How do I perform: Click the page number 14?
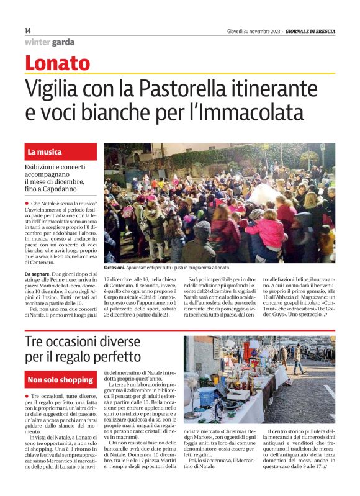(x=28, y=30)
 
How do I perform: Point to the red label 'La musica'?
(x=45, y=152)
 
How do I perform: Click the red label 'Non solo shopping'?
(x=60, y=379)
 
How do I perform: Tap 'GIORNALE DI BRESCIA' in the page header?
(x=310, y=31)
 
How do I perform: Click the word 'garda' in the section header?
(x=64, y=42)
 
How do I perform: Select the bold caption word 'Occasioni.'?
(x=116, y=268)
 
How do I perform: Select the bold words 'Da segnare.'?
(x=38, y=274)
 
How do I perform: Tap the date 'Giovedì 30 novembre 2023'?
(x=253, y=31)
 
